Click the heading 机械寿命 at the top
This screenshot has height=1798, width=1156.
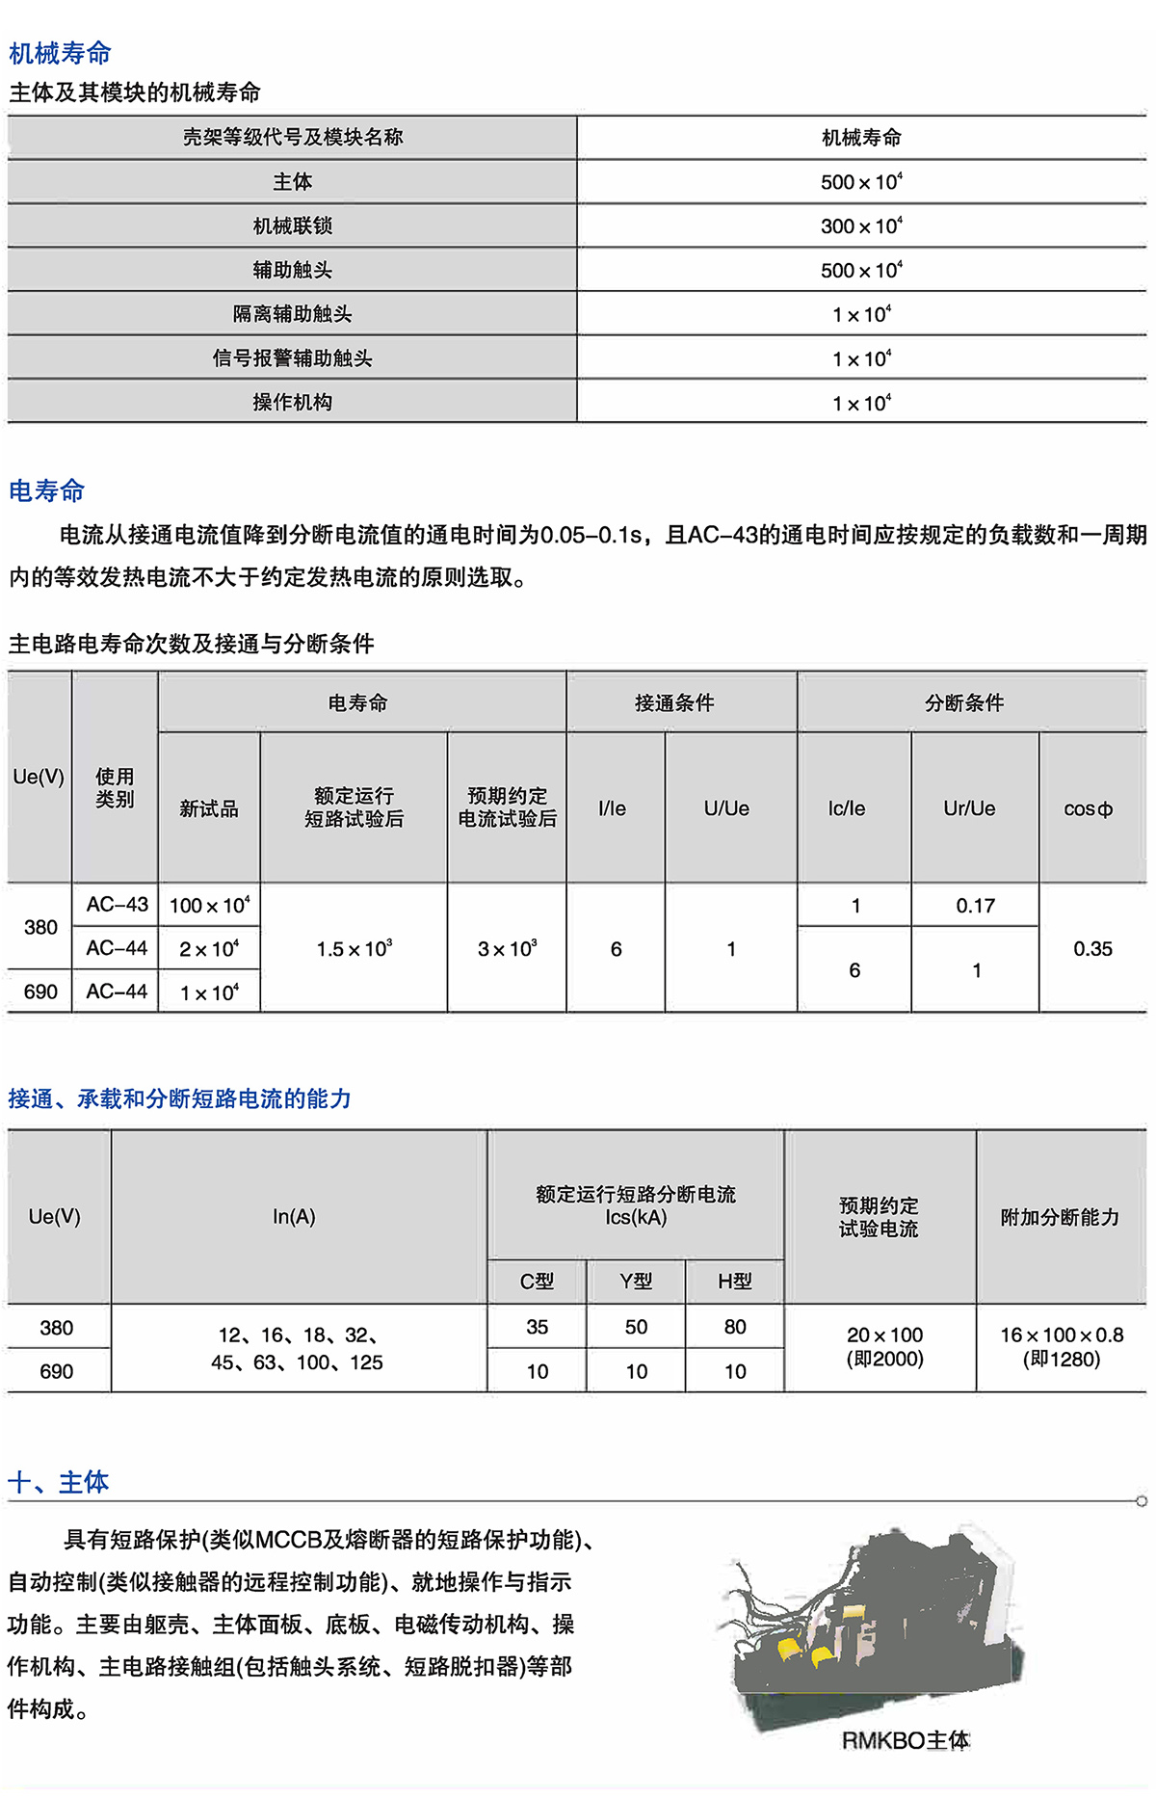60,53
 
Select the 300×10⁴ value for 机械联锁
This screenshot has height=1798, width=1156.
861,225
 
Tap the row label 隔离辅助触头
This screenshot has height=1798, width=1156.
292,314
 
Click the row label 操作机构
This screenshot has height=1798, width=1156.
292,403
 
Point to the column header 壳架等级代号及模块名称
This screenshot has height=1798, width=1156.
292,137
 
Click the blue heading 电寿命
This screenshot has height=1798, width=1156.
46,490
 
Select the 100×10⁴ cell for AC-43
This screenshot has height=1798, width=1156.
209,906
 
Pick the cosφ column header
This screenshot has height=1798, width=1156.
1089,809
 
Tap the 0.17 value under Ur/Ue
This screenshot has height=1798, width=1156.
975,906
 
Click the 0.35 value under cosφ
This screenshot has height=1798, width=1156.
1092,949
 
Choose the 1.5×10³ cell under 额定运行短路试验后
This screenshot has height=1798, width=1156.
354,949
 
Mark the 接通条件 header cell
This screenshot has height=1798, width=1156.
674,703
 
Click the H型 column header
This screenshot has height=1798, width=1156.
734,1282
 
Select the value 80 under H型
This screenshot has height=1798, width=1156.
734,1327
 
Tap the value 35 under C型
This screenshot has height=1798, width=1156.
537,1327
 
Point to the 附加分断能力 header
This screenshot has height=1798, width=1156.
1060,1217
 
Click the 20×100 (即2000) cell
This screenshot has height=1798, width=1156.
884,1347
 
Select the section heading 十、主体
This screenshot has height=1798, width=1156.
58,1482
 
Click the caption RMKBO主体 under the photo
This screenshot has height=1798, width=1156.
906,1740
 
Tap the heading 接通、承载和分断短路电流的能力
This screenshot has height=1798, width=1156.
179,1098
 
